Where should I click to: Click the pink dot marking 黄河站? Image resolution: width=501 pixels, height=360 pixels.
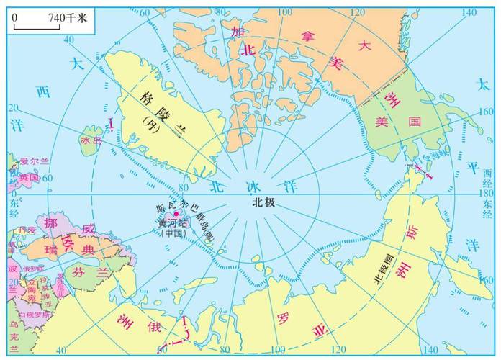pyautogui.click(x=175, y=214)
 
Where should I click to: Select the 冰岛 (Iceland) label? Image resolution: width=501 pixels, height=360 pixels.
pyautogui.click(x=92, y=141)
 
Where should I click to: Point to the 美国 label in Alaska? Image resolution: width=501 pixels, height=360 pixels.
pyautogui.click(x=397, y=123)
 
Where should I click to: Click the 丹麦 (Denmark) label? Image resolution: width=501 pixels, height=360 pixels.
pyautogui.click(x=27, y=230)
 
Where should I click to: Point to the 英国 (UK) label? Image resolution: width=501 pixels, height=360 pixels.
pyautogui.click(x=29, y=177)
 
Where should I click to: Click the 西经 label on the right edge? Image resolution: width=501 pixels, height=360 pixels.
pyautogui.click(x=489, y=174)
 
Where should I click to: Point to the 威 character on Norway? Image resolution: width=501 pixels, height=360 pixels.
pyautogui.click(x=87, y=231)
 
